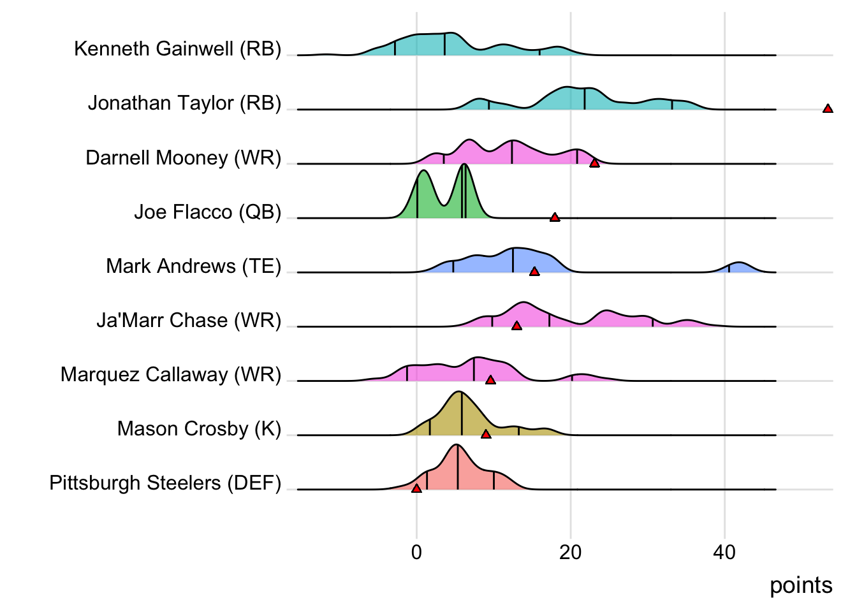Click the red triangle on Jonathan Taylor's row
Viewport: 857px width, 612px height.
pos(828,109)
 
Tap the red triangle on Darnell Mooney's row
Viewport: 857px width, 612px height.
pos(594,163)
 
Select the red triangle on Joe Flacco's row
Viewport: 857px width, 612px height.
pos(555,217)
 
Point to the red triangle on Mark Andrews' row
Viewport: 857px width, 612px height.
pos(534,272)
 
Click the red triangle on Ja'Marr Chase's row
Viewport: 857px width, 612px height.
pos(516,326)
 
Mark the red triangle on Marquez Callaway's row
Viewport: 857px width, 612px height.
pos(490,380)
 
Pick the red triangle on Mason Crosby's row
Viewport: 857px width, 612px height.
pos(486,434)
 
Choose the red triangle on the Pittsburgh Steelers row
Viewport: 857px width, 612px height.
pos(416,488)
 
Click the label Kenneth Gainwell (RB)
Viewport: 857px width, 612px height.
pos(177,48)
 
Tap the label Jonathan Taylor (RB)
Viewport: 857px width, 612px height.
pos(184,103)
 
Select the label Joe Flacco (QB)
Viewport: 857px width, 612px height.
pos(207,212)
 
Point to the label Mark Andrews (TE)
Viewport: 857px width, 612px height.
pos(193,266)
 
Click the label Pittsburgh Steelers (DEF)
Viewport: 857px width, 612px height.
pos(165,483)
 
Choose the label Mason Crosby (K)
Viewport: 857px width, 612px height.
pos(199,428)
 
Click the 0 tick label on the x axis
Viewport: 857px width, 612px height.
pos(416,552)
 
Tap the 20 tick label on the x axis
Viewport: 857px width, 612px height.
pos(570,552)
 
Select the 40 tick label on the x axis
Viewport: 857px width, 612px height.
pos(724,552)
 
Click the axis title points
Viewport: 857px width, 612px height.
pos(801,585)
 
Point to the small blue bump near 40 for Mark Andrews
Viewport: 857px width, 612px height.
pos(738,267)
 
